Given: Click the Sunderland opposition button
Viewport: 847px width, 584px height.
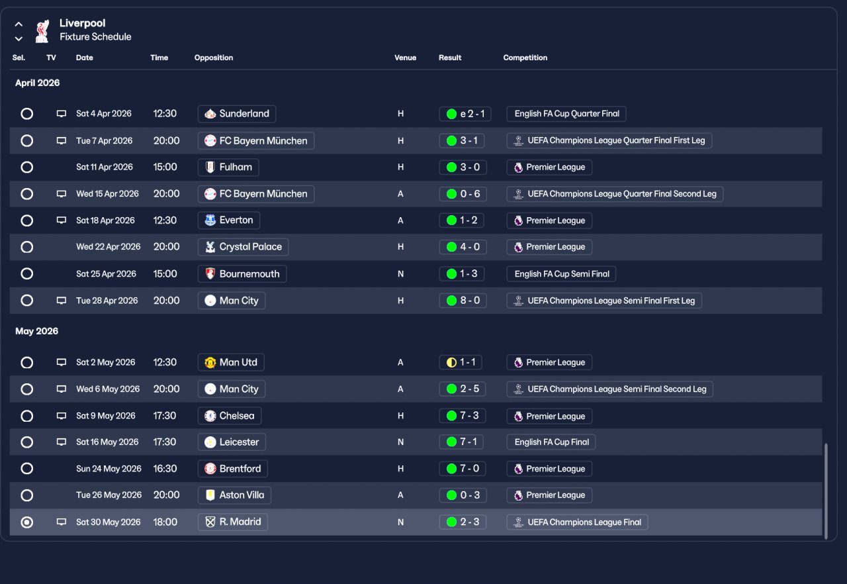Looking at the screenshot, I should pyautogui.click(x=237, y=114).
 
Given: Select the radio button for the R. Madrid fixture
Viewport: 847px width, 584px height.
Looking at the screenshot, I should pyautogui.click(x=26, y=522).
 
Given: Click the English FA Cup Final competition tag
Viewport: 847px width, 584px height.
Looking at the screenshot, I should pyautogui.click(x=551, y=442).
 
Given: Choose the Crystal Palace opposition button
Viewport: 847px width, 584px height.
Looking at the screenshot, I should pyautogui.click(x=243, y=247).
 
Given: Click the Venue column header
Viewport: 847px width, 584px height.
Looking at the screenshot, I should pyautogui.click(x=405, y=58).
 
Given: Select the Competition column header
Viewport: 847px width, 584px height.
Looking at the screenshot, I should pyautogui.click(x=525, y=58).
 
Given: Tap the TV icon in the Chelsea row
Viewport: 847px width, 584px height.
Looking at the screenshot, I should pyautogui.click(x=62, y=416).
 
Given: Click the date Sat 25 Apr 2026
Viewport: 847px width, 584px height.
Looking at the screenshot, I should pyautogui.click(x=106, y=274).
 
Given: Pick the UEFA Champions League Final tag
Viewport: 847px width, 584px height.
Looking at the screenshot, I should pyautogui.click(x=577, y=522).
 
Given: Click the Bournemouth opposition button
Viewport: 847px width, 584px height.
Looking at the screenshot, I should pyautogui.click(x=242, y=274).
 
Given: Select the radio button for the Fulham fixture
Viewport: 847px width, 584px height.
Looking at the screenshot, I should pyautogui.click(x=26, y=168).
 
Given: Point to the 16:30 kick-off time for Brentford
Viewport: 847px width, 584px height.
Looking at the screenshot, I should pyautogui.click(x=165, y=469).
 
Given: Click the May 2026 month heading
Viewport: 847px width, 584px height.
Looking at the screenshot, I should pyautogui.click(x=37, y=331).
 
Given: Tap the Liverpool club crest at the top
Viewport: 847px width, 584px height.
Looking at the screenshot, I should pyautogui.click(x=42, y=30).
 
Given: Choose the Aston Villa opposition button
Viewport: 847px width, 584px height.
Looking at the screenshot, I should pyautogui.click(x=235, y=495).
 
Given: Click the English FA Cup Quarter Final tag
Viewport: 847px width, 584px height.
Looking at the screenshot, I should pyautogui.click(x=566, y=114).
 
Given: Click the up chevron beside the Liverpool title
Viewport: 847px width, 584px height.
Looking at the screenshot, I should pyautogui.click(x=19, y=24).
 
